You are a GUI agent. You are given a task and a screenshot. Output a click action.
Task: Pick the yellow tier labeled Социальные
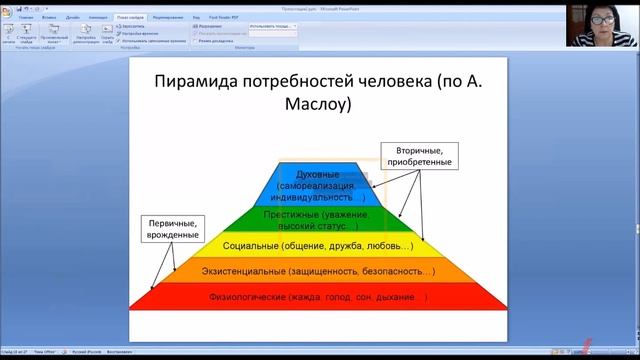316,245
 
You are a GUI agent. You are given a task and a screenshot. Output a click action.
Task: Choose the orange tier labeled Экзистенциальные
316,271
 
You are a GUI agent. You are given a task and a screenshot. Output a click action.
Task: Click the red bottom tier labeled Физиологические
316,297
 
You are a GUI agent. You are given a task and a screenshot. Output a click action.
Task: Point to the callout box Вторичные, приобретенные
417,155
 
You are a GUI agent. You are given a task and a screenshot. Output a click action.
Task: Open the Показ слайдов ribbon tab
128,18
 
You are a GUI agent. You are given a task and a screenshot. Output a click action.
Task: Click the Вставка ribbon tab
50,18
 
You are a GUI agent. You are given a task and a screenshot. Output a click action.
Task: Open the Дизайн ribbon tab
74,18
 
